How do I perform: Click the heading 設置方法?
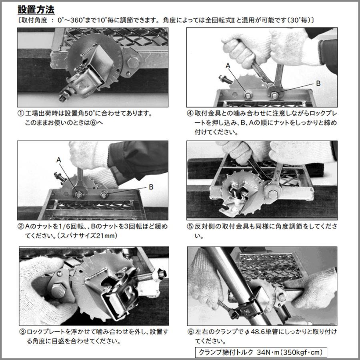point(36,9)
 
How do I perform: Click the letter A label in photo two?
point(59,159)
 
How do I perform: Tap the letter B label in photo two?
point(151,186)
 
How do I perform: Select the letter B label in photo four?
point(318,83)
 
